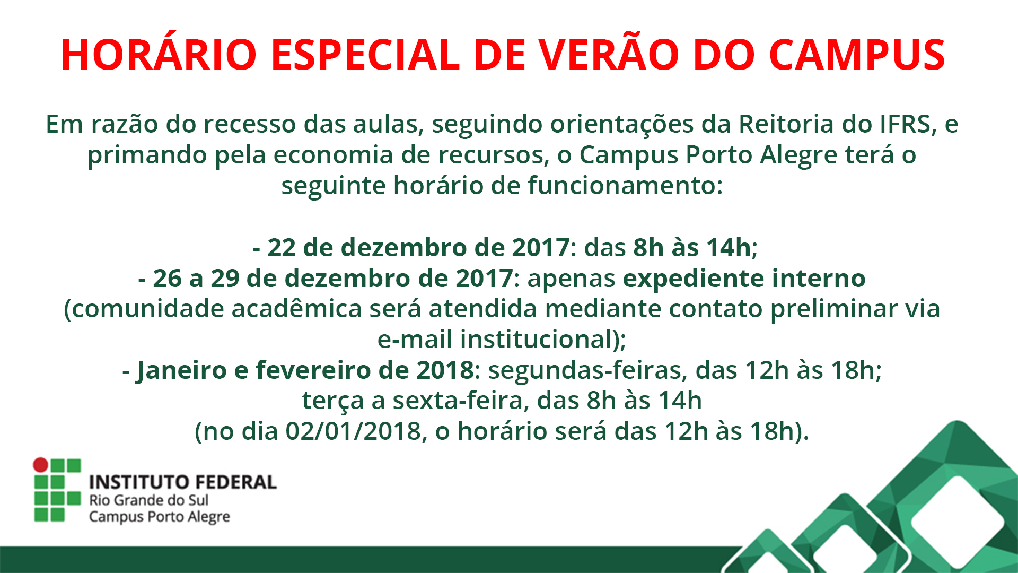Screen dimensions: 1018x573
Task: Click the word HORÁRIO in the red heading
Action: (x=159, y=54)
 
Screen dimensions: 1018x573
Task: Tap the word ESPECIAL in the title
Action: (x=366, y=55)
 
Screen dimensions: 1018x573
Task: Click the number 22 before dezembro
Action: (x=282, y=248)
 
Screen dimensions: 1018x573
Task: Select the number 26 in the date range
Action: (x=167, y=279)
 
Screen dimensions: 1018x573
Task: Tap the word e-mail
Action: (x=415, y=340)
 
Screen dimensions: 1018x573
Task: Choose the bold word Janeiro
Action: (x=182, y=371)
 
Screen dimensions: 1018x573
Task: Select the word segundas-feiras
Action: (x=587, y=371)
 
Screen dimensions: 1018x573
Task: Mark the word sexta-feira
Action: (x=461, y=401)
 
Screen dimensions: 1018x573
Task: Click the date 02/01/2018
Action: (x=353, y=431)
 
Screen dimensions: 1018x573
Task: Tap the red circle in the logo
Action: (x=41, y=465)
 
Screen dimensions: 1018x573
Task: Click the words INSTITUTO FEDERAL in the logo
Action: (x=183, y=482)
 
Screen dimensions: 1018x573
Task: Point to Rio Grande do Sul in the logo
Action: (x=148, y=500)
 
